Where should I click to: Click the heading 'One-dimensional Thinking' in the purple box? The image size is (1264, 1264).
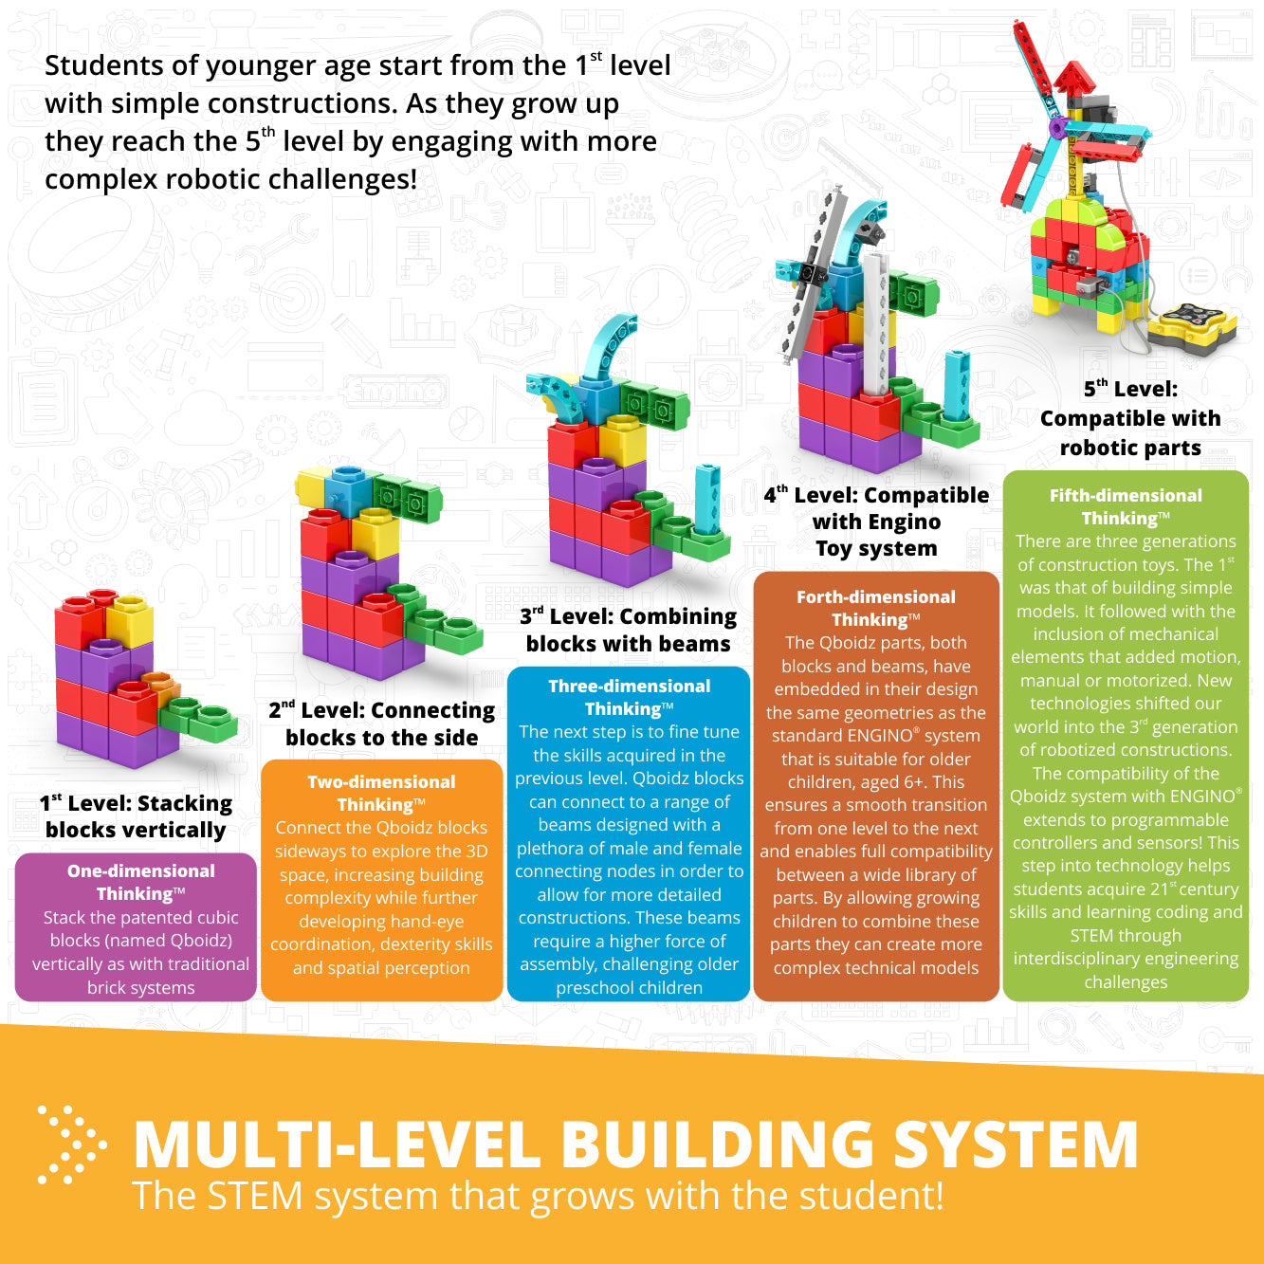[x=141, y=882]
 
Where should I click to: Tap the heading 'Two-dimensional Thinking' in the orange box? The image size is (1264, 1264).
[x=381, y=793]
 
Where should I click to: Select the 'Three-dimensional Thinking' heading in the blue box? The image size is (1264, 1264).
[x=629, y=697]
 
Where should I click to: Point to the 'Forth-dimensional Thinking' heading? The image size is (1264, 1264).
[x=875, y=608]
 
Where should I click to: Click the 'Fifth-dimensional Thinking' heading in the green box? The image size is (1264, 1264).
[x=1126, y=507]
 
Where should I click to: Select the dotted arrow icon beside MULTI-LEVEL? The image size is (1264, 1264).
[x=71, y=1145]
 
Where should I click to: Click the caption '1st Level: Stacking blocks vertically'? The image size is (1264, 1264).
[x=136, y=816]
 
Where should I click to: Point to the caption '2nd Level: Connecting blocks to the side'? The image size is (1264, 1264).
[x=381, y=724]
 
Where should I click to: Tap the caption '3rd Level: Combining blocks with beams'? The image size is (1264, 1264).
[x=629, y=630]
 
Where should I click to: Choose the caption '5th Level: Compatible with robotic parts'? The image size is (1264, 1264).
[x=1130, y=418]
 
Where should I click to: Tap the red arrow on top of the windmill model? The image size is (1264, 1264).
[x=1073, y=81]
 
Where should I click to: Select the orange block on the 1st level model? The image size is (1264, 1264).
[x=162, y=686]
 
